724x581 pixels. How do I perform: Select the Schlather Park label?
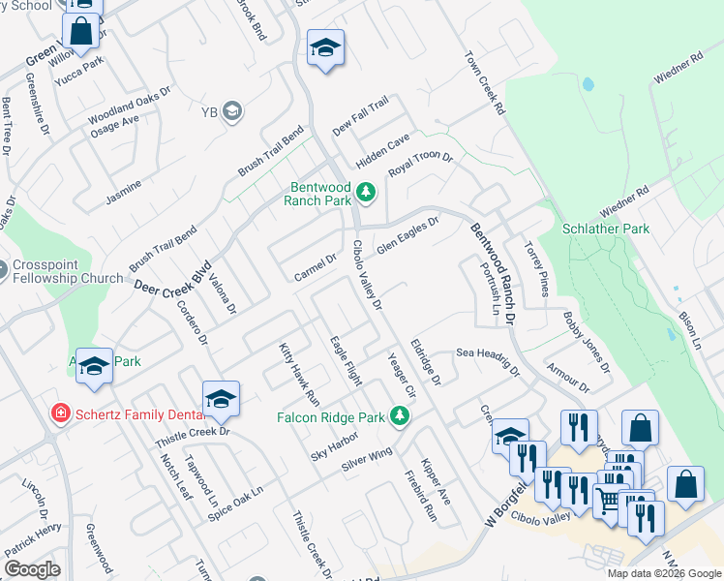tap(606, 229)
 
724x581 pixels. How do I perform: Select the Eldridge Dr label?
tap(426, 359)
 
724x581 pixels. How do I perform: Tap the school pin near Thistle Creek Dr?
tap(221, 398)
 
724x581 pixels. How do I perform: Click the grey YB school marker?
tap(233, 111)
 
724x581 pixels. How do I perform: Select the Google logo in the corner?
tap(32, 569)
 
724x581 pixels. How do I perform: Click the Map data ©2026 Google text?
tap(664, 573)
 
